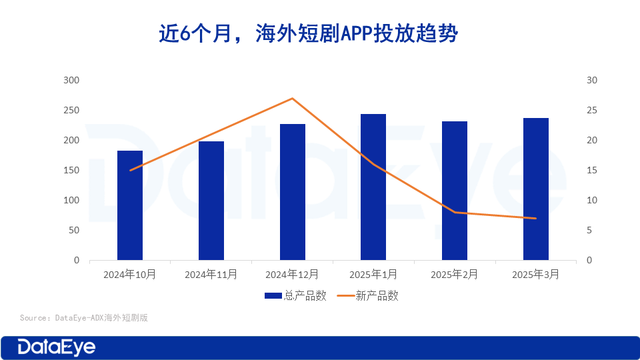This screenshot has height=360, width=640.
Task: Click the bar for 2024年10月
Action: click(x=130, y=205)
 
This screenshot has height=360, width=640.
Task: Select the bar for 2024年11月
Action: click(x=211, y=201)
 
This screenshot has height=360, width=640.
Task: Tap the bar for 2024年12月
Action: click(x=293, y=192)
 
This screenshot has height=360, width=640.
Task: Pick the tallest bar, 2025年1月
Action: click(x=373, y=187)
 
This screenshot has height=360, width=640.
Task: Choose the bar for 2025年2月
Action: click(x=455, y=191)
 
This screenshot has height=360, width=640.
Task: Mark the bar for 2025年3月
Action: click(x=536, y=189)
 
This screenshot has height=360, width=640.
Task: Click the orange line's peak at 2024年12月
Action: click(x=293, y=99)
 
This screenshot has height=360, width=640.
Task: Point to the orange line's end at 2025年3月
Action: click(x=536, y=218)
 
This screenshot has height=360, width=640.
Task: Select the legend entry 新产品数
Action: click(x=367, y=295)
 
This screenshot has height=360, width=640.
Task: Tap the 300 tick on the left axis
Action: click(x=71, y=80)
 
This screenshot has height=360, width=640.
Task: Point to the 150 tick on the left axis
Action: click(x=71, y=170)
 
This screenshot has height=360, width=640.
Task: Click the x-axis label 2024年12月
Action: click(x=292, y=274)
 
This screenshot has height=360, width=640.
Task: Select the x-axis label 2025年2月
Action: click(x=455, y=274)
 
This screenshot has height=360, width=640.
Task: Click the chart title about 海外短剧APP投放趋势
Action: click(x=308, y=33)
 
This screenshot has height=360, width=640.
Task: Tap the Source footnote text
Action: click(x=83, y=318)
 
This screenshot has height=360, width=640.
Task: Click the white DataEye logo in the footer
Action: click(x=57, y=347)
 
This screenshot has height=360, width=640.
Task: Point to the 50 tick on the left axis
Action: click(x=73, y=230)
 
